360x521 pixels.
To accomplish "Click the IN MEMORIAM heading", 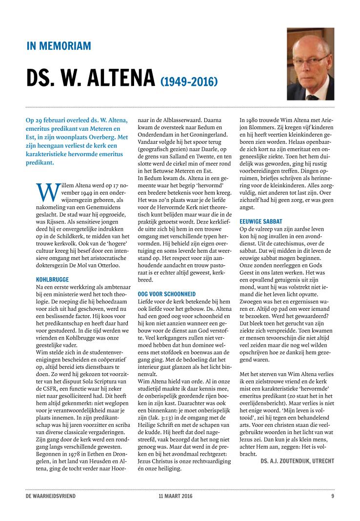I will tap(59, 46).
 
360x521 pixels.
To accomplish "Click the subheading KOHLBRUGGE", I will tap(53, 280).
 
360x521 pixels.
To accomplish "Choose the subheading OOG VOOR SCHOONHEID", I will tap(167, 294).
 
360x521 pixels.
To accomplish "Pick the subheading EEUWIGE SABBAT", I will tap(261, 221).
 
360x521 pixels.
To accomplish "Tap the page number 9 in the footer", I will tap(333, 496).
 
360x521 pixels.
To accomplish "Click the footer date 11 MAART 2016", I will tap(171, 496).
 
